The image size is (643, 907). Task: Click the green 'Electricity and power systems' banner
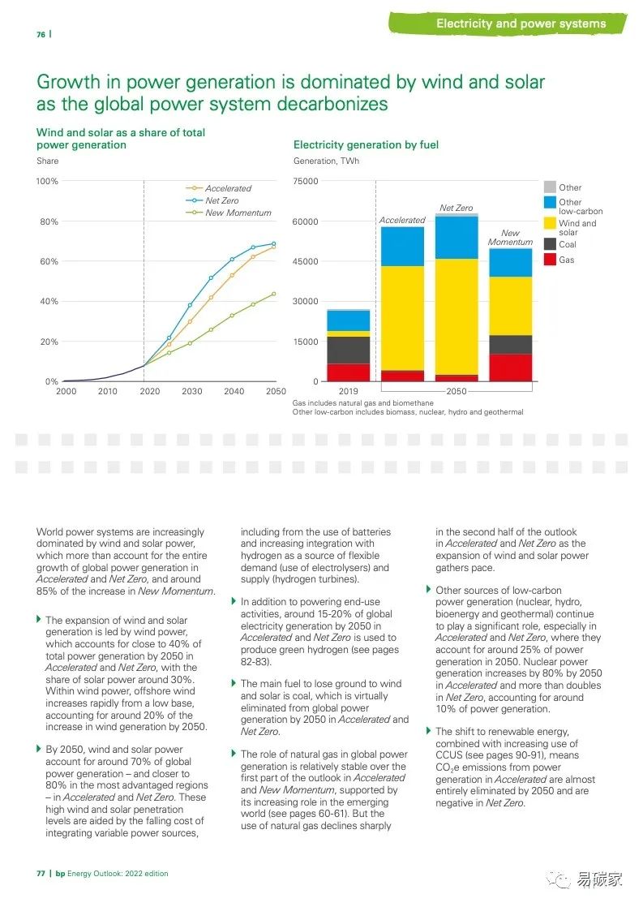(521, 24)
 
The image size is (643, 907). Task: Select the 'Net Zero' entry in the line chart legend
(221, 200)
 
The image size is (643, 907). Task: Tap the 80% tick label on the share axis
(49, 221)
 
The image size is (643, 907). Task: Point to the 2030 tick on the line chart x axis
(192, 391)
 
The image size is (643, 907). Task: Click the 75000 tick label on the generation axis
(306, 181)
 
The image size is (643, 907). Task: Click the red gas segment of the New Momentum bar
(510, 368)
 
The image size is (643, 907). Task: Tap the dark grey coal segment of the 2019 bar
(349, 350)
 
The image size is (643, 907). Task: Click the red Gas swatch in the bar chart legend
(549, 260)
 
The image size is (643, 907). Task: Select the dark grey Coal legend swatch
(549, 244)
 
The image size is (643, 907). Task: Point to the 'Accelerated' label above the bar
(402, 220)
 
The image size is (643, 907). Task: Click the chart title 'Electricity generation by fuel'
(366, 144)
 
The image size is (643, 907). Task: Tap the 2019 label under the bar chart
(349, 391)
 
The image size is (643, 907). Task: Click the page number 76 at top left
(41, 34)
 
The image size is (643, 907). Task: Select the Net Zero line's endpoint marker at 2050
(273, 243)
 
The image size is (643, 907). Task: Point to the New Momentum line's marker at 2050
(273, 294)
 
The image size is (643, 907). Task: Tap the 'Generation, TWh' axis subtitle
(326, 161)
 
